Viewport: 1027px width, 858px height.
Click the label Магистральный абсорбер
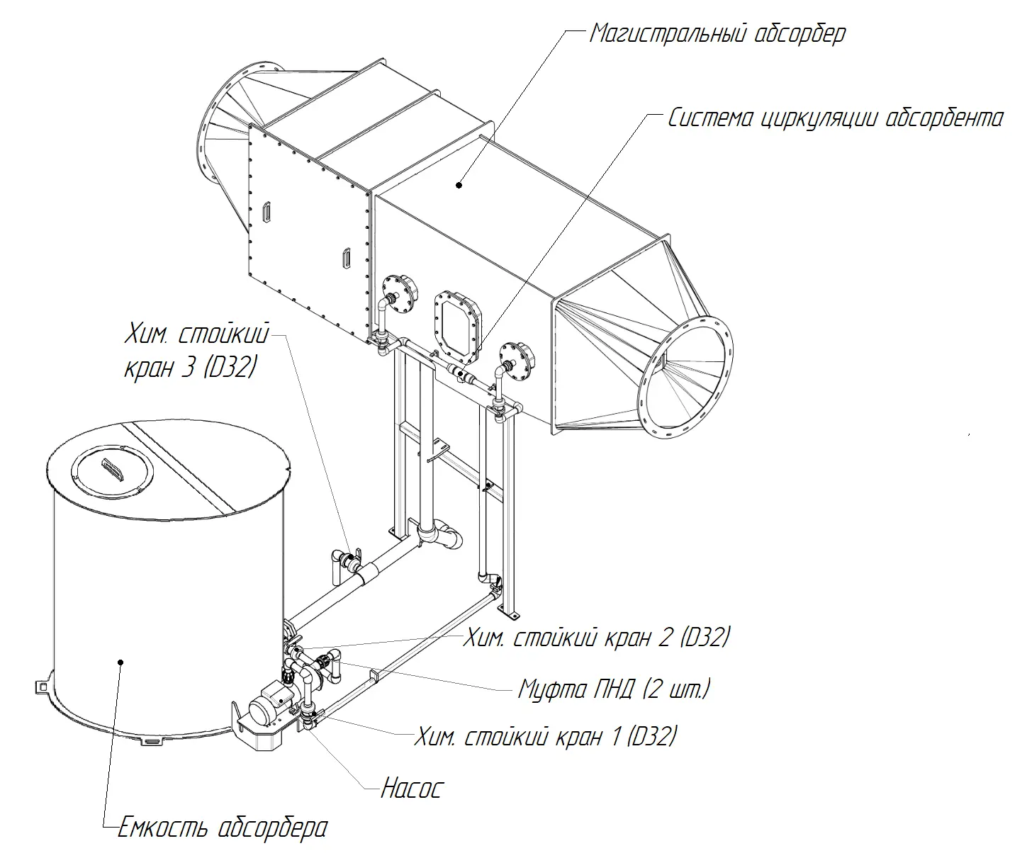[717, 34]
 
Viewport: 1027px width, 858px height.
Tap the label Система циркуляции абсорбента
[835, 118]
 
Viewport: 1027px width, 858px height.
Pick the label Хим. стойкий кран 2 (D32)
[597, 638]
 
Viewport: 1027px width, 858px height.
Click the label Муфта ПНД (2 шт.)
[614, 689]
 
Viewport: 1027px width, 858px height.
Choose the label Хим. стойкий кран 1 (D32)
[546, 737]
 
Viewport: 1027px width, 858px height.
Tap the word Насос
[413, 788]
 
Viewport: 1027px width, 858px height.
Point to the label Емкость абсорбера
[223, 828]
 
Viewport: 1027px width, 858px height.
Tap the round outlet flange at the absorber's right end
[685, 377]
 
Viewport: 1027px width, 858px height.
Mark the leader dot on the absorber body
[459, 186]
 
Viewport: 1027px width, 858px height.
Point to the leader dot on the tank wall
[120, 662]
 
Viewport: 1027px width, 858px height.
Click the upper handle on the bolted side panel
[266, 212]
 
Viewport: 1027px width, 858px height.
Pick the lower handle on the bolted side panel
[347, 258]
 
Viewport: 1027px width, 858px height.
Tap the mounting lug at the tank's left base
[43, 687]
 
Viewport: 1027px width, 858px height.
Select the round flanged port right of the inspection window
[517, 361]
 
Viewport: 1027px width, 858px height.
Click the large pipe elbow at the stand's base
[439, 536]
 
